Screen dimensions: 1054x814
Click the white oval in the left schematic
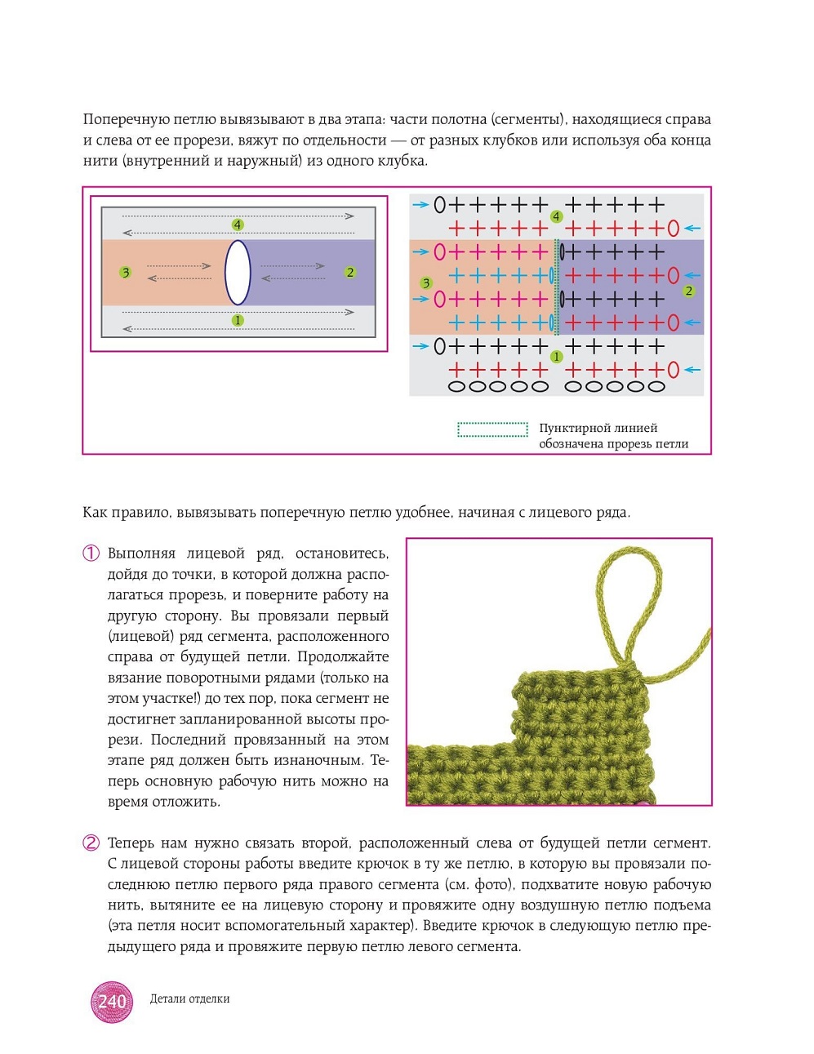point(238,273)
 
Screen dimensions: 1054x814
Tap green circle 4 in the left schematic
point(238,225)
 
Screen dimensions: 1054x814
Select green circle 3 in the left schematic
point(125,272)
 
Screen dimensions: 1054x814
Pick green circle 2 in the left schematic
point(350,272)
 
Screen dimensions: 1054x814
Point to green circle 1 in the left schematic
point(238,320)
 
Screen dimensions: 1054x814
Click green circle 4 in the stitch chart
point(556,216)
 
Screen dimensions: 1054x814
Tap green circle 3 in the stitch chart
point(425,283)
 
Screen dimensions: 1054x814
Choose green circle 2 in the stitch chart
point(689,291)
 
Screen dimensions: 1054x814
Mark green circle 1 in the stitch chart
point(556,357)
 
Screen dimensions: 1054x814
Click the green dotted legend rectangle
point(492,429)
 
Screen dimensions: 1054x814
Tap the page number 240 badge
point(112,1002)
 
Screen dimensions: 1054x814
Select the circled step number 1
point(91,554)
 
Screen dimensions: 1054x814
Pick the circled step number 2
point(91,843)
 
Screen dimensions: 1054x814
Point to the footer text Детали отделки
point(189,998)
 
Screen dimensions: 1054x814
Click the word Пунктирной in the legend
point(568,428)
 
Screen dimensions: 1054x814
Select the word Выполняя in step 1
point(141,554)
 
